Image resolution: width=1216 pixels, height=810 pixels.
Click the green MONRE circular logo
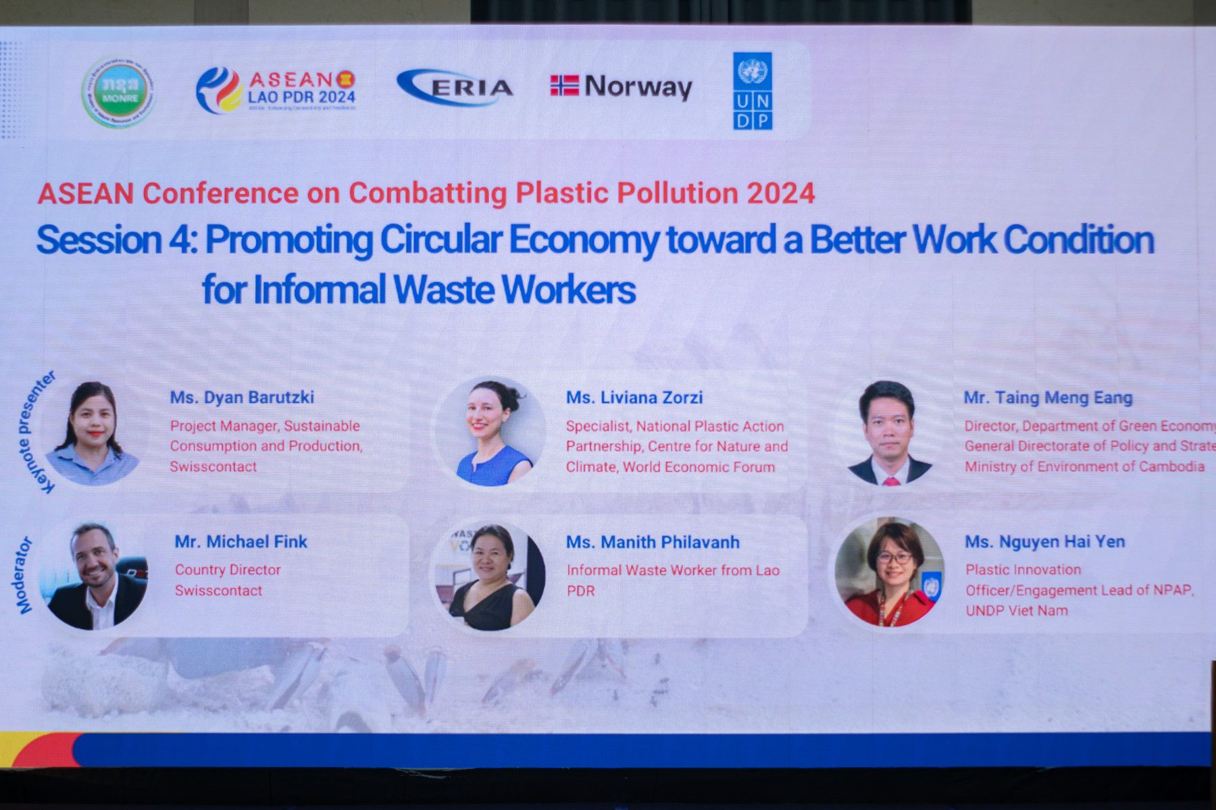tap(119, 92)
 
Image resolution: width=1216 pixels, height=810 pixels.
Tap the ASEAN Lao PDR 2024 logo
tap(276, 90)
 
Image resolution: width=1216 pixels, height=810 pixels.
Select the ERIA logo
tap(455, 88)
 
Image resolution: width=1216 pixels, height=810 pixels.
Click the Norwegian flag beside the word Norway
tap(564, 86)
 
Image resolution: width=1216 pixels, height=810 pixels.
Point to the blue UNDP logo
tap(753, 91)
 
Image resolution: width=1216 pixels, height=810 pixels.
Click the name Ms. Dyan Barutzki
tap(242, 397)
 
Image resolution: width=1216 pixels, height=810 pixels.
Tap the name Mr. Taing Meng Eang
tap(1048, 398)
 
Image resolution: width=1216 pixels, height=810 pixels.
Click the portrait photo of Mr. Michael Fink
tap(94, 576)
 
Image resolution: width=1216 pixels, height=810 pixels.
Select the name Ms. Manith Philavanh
tap(653, 542)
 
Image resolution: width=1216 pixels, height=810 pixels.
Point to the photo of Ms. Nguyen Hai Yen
tap(890, 572)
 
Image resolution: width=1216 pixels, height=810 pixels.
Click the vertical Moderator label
tap(25, 575)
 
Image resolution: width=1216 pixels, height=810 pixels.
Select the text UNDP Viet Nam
tap(1017, 611)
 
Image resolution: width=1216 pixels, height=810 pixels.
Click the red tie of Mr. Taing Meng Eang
tap(891, 481)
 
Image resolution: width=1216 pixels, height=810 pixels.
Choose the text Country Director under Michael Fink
tap(228, 570)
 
